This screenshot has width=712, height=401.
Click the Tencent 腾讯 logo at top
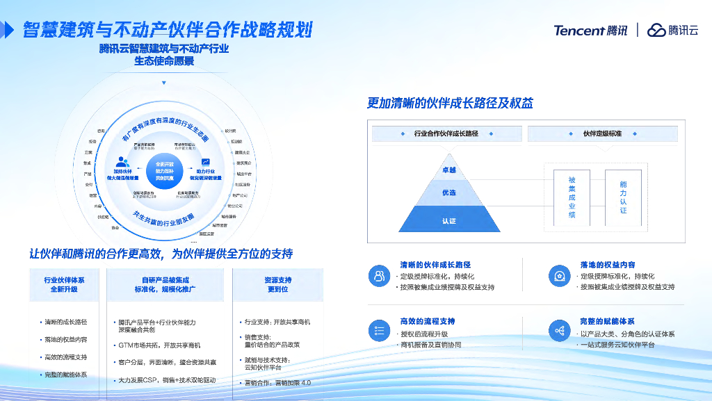point(590,30)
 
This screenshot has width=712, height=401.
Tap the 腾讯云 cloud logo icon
point(656,30)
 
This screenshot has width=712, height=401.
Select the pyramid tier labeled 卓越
point(448,170)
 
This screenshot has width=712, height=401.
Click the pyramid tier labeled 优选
point(448,193)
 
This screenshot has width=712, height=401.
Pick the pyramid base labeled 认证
point(448,220)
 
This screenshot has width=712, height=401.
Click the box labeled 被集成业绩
point(572,197)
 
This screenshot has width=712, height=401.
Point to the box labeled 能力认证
point(623,197)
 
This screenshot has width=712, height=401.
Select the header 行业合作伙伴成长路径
point(446,133)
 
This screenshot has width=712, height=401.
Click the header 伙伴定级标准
point(601,133)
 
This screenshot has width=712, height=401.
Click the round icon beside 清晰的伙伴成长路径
point(379,275)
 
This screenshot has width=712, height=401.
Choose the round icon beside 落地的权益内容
point(559,275)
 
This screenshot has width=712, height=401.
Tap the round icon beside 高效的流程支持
point(379,331)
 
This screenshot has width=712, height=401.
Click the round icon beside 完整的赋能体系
point(559,331)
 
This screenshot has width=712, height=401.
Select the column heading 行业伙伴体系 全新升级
point(64,284)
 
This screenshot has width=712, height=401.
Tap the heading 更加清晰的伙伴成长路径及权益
point(450,104)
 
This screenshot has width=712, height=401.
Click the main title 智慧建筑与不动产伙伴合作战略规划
point(168,30)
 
